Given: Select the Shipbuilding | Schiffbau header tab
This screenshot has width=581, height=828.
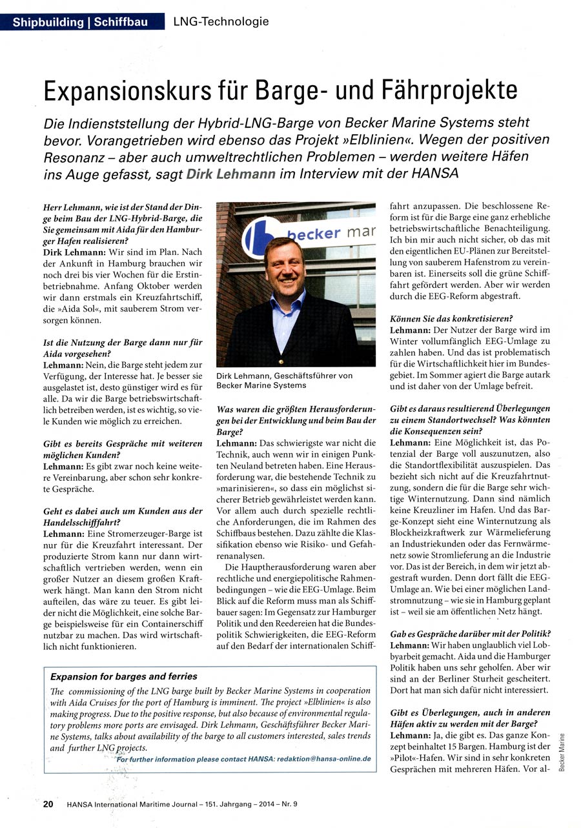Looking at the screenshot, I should [x=80, y=23].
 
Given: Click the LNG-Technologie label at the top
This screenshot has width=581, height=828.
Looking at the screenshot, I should [x=221, y=23].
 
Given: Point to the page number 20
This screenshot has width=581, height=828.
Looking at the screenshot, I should [x=48, y=804].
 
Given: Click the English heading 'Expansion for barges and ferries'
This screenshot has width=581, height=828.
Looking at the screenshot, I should [x=124, y=676].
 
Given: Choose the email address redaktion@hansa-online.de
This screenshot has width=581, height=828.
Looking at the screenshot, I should [x=323, y=759].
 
